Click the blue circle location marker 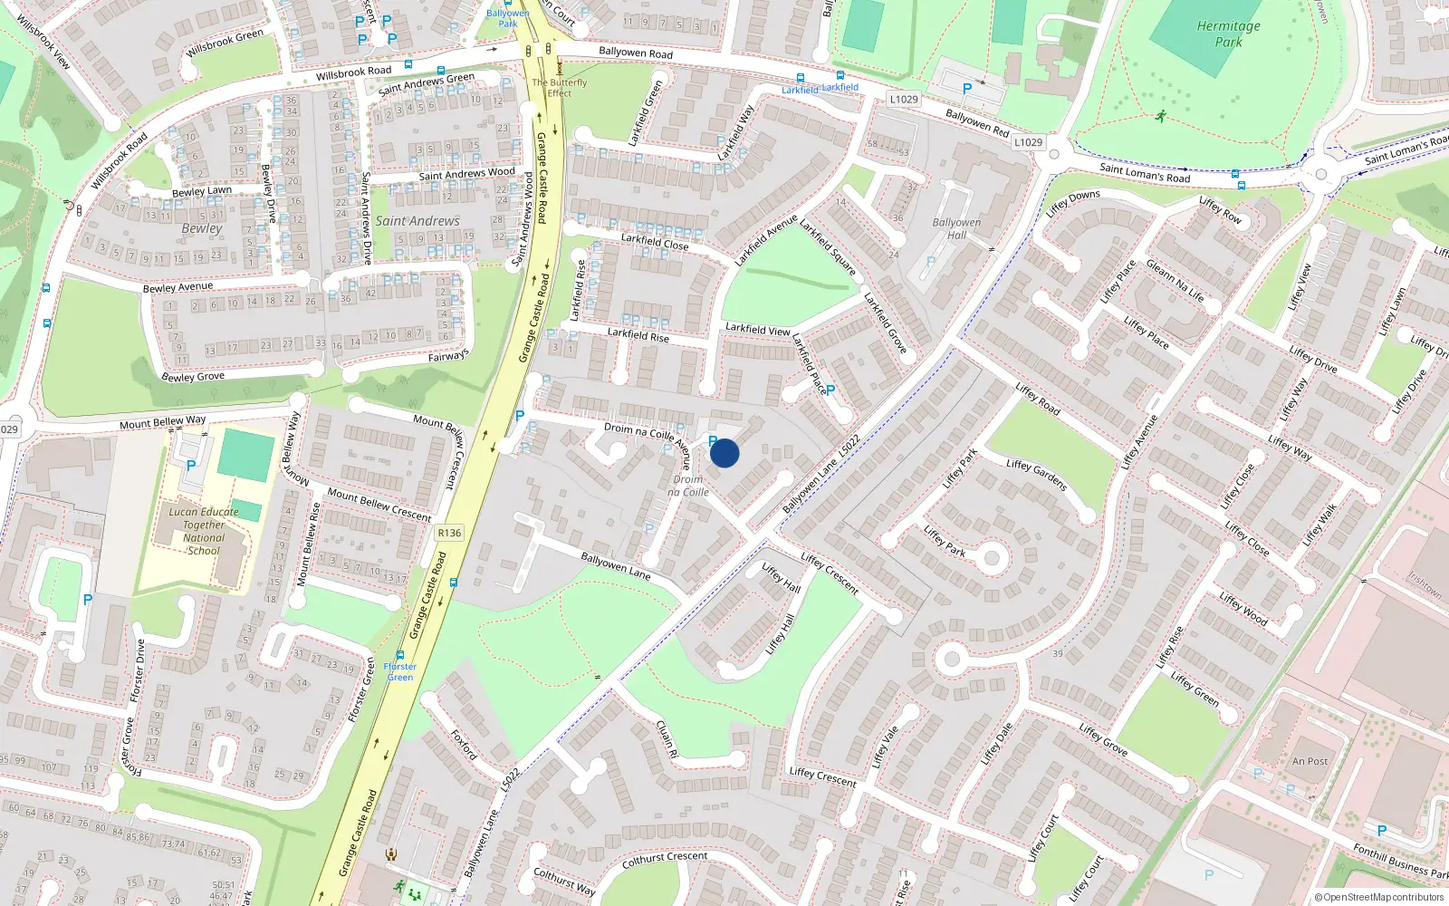[x=724, y=452]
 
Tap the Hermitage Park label [x=1228, y=34]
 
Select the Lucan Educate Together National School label [x=204, y=531]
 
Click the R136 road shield [x=449, y=533]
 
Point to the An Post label [x=1310, y=762]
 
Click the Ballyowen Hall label [x=956, y=228]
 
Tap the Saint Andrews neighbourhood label [x=417, y=221]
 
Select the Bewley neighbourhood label [x=201, y=228]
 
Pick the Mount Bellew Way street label [x=163, y=422]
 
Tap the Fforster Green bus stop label [x=399, y=671]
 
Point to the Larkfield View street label [x=758, y=329]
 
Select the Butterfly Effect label [x=559, y=87]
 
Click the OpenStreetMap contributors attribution [x=1379, y=898]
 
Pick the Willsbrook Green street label [x=225, y=43]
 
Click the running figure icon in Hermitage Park [x=1161, y=116]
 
